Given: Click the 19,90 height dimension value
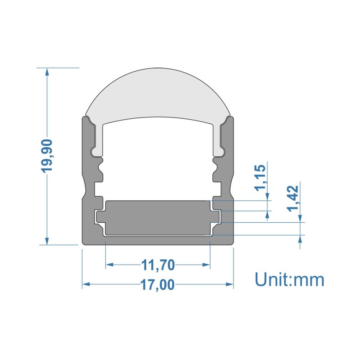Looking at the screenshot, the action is [x=47, y=155].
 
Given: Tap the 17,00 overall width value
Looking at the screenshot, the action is [x=157, y=285].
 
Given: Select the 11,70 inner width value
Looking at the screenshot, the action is [x=158, y=265].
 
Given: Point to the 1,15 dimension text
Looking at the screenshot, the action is [x=260, y=178].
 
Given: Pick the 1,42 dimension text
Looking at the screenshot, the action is [x=293, y=198].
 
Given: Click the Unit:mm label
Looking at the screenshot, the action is [x=289, y=279].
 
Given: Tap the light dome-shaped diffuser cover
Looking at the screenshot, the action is [x=157, y=96].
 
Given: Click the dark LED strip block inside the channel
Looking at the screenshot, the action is [x=157, y=218].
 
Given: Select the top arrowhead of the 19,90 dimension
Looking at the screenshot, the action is [x=47, y=72].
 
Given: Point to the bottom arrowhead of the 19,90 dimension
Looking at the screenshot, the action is [x=47, y=241].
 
